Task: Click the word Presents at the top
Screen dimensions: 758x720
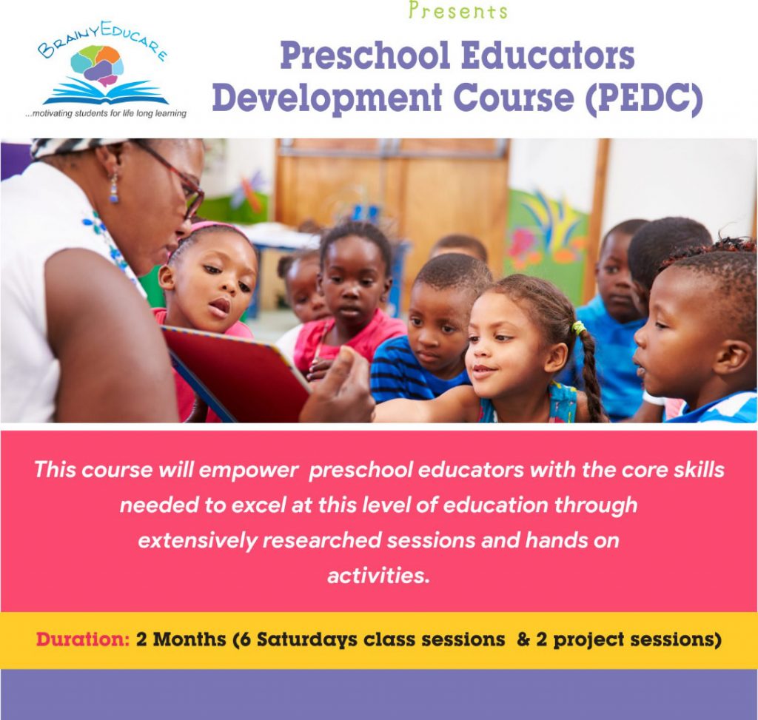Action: (x=458, y=10)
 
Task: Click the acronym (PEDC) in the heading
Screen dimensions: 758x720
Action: (x=644, y=97)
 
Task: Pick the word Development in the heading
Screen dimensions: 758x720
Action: (x=327, y=97)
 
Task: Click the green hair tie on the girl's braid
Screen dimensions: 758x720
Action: (x=578, y=329)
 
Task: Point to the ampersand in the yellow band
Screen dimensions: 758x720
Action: (x=523, y=639)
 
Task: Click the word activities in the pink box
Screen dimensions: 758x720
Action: (x=378, y=576)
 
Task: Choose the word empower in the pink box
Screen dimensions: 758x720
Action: (x=248, y=470)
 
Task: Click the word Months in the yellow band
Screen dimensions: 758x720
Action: (x=189, y=639)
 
